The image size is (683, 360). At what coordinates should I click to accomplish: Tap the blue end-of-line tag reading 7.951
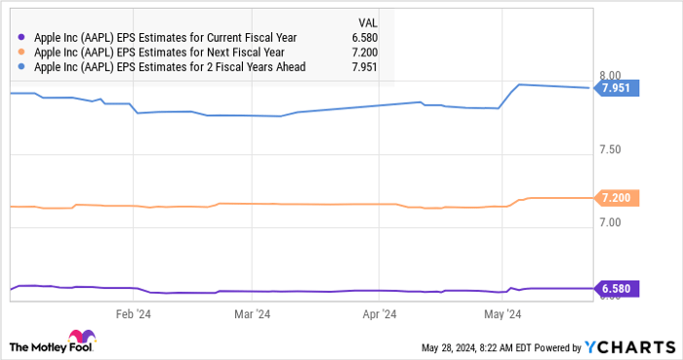coord(619,89)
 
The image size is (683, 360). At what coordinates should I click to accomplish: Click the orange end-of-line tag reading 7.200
coord(619,198)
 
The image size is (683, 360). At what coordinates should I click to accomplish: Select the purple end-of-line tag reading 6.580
coord(619,289)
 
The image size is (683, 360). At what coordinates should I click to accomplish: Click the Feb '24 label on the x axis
coord(135,314)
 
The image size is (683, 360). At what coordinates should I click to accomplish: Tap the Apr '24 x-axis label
coord(379,314)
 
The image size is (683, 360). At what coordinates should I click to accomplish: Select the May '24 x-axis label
coord(502,314)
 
